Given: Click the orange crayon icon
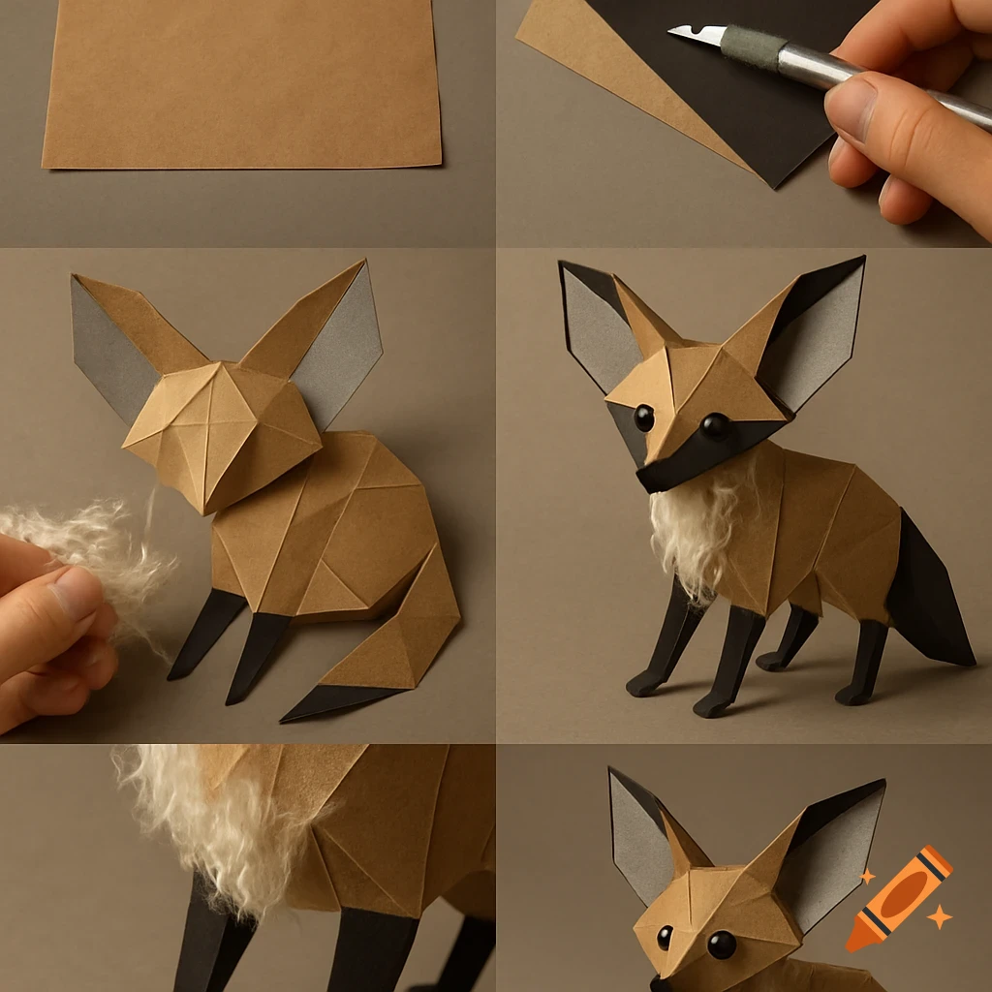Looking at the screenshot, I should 900,898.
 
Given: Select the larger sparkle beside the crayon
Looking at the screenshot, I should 938,915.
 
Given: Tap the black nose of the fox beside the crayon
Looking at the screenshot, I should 659,984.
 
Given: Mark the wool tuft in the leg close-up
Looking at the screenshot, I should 218,823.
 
